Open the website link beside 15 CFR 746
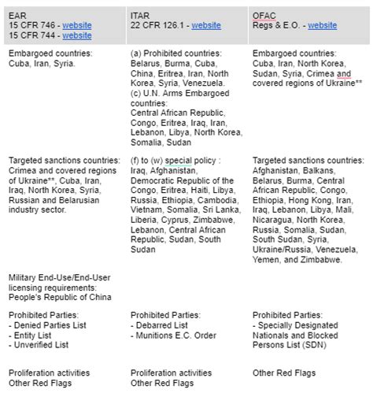[x=77, y=25]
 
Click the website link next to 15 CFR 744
[x=77, y=35]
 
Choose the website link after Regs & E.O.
[x=322, y=25]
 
